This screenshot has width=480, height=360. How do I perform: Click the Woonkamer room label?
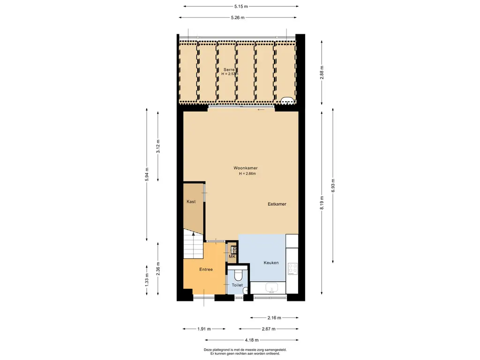coord(246,168)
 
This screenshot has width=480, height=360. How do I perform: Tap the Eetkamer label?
coord(277,204)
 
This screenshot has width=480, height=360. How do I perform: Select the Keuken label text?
coord(271,262)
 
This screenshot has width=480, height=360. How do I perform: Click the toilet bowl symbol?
coord(238,275)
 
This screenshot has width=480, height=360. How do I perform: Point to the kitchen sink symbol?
coord(272,288)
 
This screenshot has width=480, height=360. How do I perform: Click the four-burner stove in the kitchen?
coord(292,269)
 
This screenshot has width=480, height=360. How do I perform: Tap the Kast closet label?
coord(191,202)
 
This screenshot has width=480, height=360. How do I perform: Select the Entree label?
coord(206,270)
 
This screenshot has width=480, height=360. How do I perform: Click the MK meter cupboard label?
coord(232,256)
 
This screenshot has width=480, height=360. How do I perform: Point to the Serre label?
coord(229,69)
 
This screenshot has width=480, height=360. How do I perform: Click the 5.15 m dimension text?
coord(241,6)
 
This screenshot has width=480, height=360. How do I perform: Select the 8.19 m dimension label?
coord(322,203)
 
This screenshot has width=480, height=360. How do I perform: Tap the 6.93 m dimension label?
coord(333,186)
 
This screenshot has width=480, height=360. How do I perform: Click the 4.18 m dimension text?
coord(252,340)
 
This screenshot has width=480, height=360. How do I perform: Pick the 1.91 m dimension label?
coord(204,329)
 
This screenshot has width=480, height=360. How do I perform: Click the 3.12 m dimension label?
coord(158,146)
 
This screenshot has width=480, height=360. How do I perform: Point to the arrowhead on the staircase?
coord(193,234)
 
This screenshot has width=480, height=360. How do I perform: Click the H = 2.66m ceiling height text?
coord(247,173)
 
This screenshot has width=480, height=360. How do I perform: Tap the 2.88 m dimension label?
coord(322,73)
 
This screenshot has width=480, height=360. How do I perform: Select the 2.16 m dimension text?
coord(274,318)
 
